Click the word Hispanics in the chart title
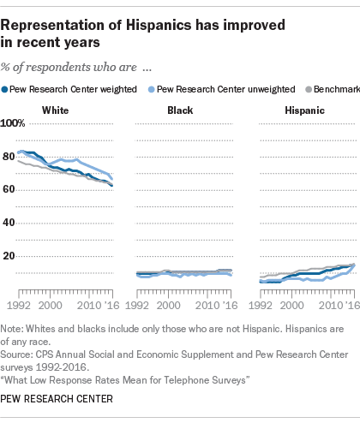click(159, 25)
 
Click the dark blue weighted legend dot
click(4, 90)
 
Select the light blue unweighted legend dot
click(152, 90)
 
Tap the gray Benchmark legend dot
click(309, 90)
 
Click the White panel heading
click(56, 110)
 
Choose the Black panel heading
click(180, 110)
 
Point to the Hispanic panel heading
click(305, 110)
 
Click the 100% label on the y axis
click(13, 123)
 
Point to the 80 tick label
click(9, 157)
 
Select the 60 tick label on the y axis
click(9, 189)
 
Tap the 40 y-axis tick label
click(9, 223)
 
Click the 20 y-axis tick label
click(9, 256)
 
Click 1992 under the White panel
click(19, 306)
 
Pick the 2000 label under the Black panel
click(169, 306)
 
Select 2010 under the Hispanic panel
click(331, 306)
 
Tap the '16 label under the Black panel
click(228, 306)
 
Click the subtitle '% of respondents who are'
click(69, 68)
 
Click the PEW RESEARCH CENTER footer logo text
click(57, 399)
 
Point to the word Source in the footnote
click(15, 354)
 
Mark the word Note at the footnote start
click(10, 329)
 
